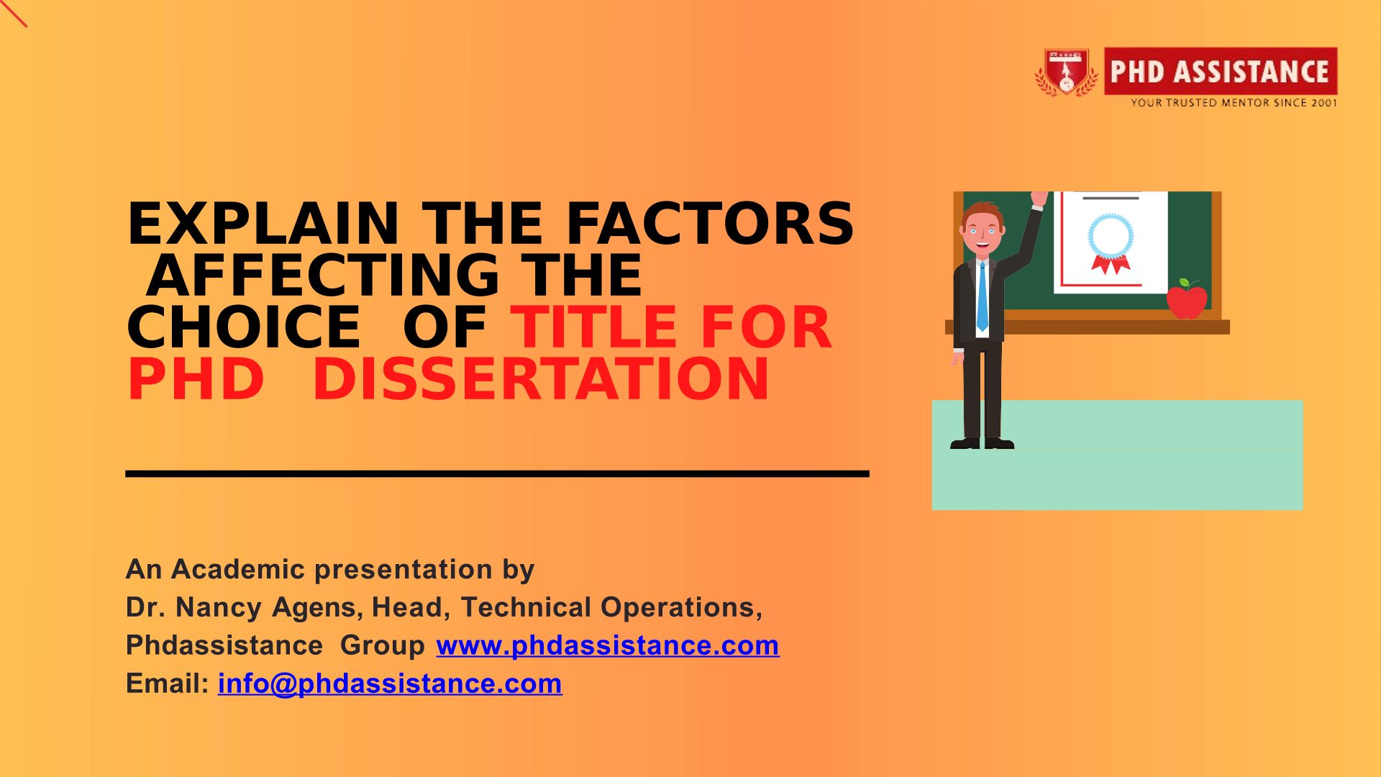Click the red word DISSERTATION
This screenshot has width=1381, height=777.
pos(541,378)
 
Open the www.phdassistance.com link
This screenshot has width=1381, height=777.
pos(608,645)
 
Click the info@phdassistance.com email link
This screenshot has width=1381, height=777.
pos(390,683)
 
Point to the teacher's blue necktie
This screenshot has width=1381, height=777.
pos(983,296)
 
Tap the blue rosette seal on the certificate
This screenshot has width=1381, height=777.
pos(1111,236)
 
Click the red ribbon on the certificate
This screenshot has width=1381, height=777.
pos(1111,264)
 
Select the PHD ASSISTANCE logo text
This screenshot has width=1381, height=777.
pos(1220,71)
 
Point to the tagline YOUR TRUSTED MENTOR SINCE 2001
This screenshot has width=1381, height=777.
pos(1234,103)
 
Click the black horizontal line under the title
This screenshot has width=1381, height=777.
pos(498,473)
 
